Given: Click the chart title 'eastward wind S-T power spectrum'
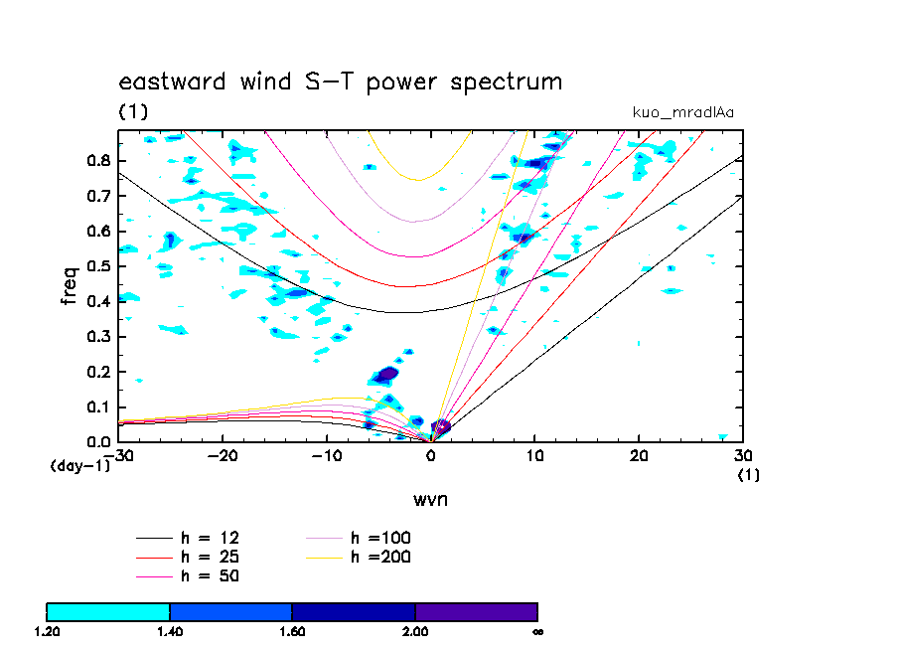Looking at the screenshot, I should pos(341,82).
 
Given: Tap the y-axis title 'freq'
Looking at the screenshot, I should pos(70,285).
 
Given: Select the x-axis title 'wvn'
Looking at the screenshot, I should pos(430,499).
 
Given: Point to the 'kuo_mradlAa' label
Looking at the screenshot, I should pos(683,112).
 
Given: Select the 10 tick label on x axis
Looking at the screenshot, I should pos(535,456).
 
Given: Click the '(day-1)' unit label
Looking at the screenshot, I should pos(79,465).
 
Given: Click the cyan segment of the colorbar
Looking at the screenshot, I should pos(108,611).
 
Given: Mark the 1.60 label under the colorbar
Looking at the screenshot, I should pos(292,631).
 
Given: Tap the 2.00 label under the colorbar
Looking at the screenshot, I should pos(415,631).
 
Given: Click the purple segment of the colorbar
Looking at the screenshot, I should pos(477,611).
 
